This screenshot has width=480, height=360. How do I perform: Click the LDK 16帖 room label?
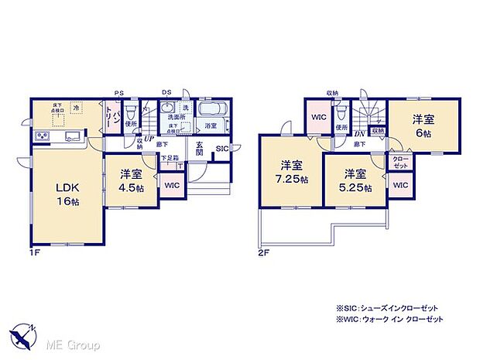[67, 194]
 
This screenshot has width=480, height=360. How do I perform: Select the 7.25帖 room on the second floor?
[292, 172]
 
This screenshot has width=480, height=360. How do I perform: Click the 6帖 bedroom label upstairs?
[422, 125]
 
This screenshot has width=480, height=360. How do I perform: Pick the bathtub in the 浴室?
[211, 110]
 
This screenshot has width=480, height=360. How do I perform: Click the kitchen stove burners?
[41, 138]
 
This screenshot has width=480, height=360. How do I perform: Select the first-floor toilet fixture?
[130, 111]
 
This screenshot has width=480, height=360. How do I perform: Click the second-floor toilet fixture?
[341, 113]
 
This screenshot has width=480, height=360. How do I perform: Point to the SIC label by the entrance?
[221, 149]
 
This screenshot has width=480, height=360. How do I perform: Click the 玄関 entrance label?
[200, 148]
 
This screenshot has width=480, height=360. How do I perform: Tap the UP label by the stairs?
[148, 139]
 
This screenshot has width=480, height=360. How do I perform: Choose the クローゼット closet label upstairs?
[400, 163]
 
